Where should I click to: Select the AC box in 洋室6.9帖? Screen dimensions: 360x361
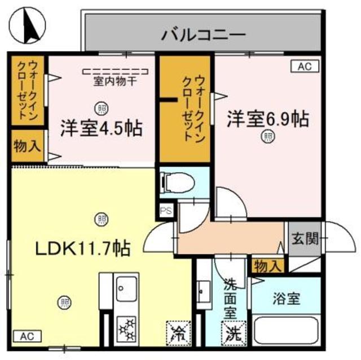(x=305, y=66)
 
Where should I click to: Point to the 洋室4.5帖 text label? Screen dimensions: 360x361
(x=101, y=128)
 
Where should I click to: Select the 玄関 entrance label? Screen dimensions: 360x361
(x=305, y=238)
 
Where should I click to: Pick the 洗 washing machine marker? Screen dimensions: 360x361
(x=231, y=333)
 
